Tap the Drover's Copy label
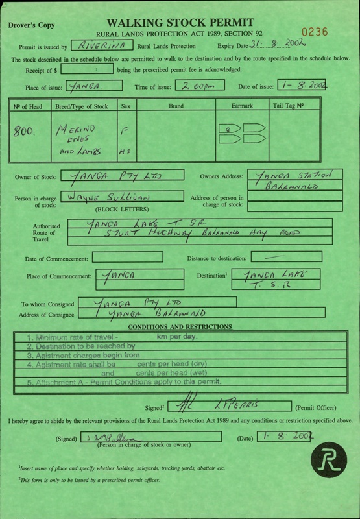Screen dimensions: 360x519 pyautogui.click(x=32, y=27)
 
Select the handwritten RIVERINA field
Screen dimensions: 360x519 pyautogui.click(x=101, y=46)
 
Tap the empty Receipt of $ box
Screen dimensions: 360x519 pyautogui.click(x=97, y=69)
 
